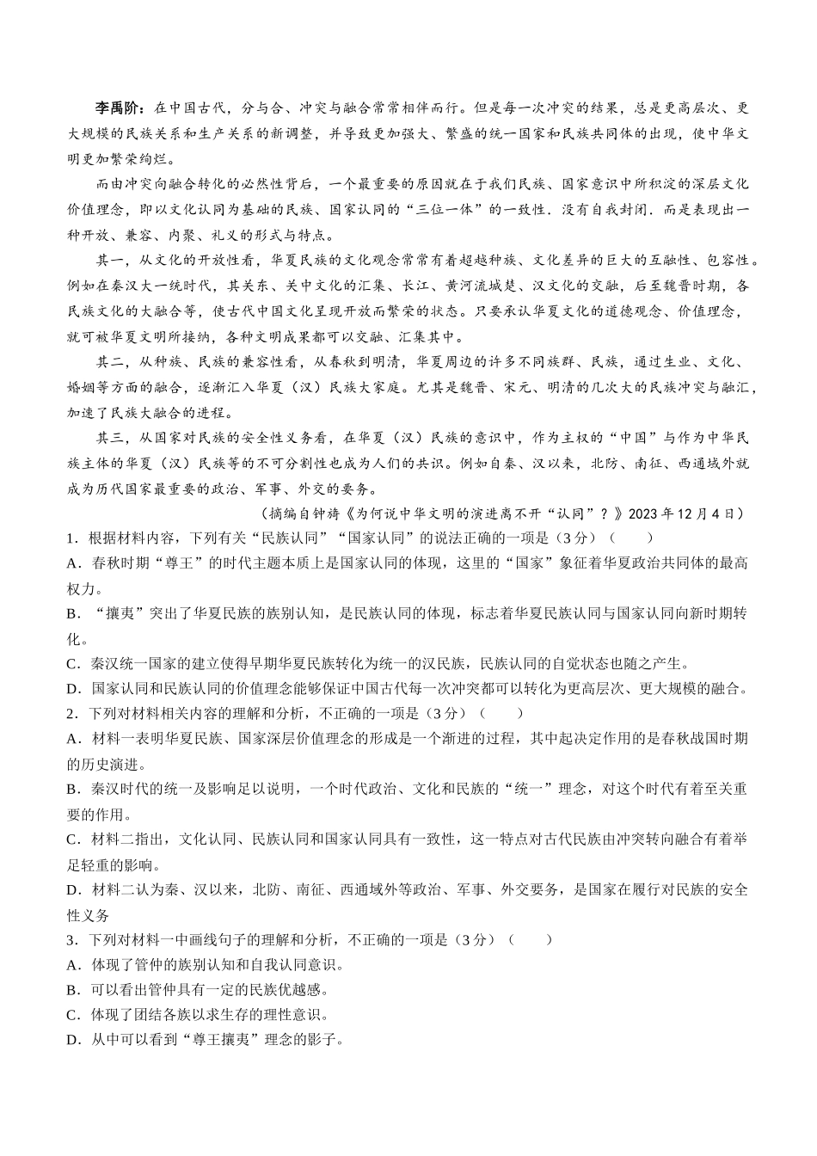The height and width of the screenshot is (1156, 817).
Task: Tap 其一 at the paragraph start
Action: click(109, 261)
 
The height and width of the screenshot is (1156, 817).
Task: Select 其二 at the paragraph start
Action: click(109, 362)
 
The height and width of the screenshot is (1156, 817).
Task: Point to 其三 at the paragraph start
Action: click(109, 438)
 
